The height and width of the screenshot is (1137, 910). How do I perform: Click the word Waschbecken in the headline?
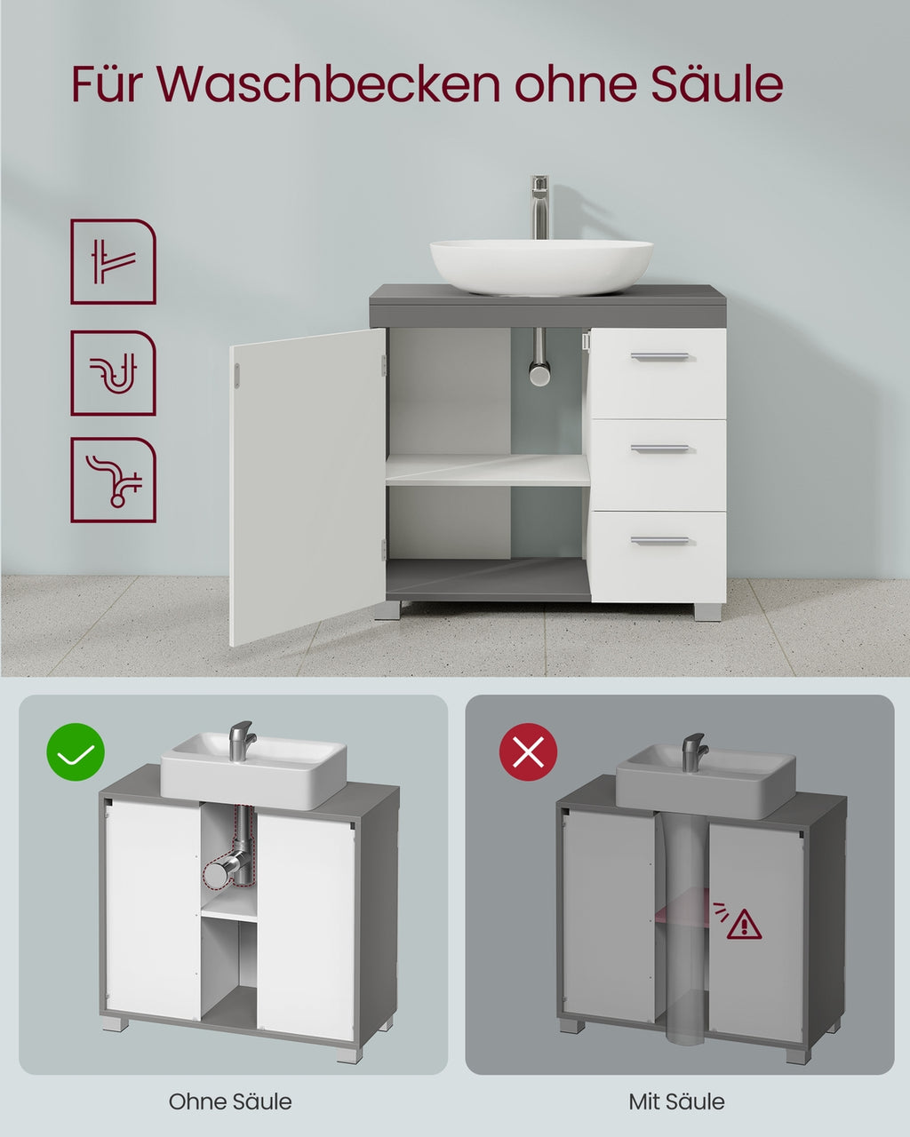[x=328, y=83]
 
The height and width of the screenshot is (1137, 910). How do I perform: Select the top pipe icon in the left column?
[x=113, y=261]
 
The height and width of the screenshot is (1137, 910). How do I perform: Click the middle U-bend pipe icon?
[x=113, y=373]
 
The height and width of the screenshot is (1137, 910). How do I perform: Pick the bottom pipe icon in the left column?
[x=113, y=480]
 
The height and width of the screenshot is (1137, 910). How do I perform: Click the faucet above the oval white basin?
[x=539, y=207]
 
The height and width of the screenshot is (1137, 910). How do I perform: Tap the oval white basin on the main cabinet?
[x=541, y=266]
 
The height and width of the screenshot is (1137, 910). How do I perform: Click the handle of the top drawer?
[x=659, y=357]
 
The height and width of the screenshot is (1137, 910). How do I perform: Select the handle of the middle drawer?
[x=659, y=449]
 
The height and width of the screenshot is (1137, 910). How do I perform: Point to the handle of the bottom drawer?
[x=659, y=540]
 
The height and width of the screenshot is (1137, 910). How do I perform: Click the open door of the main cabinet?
[x=307, y=486]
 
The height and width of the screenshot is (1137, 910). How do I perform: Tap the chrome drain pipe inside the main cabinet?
[x=539, y=356]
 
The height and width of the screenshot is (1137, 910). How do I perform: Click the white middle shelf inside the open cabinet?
[x=488, y=470]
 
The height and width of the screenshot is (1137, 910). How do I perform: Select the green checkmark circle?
[x=76, y=751]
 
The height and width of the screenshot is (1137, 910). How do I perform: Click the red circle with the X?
[x=528, y=751]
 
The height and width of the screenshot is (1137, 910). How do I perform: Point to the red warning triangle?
[x=744, y=924]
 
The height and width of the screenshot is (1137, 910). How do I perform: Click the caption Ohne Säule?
[x=230, y=1101]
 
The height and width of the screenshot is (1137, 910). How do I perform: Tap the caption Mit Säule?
[x=677, y=1101]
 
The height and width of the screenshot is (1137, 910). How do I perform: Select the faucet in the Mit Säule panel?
[x=694, y=751]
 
